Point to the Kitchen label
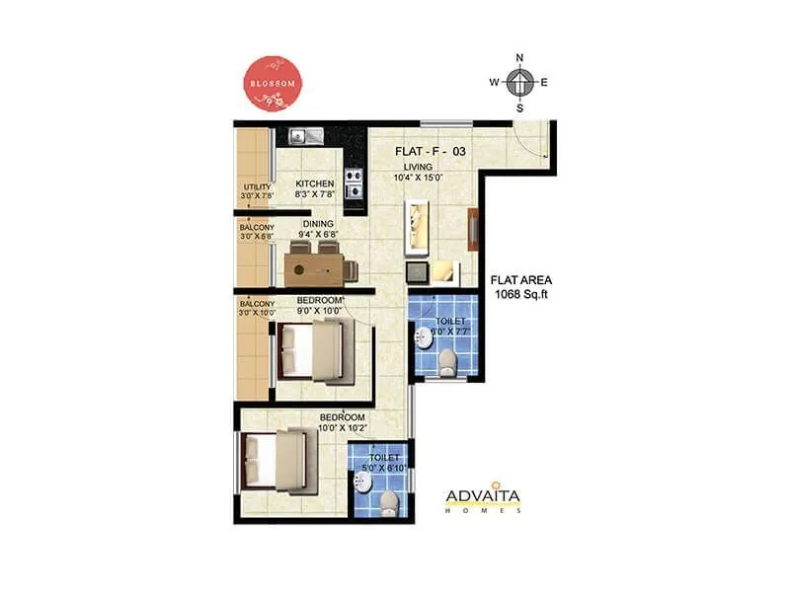pos(315,184)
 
